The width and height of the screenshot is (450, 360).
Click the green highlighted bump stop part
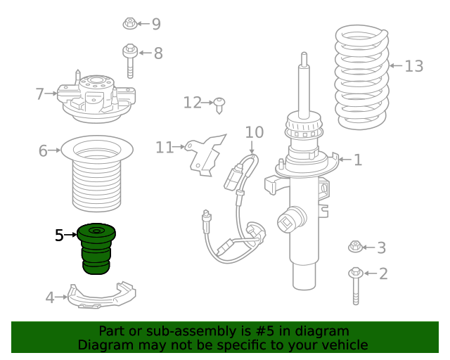pyautogui.click(x=96, y=249)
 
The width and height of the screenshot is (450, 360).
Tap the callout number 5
pyautogui.click(x=59, y=236)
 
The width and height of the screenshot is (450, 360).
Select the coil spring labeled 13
pyautogui.click(x=362, y=77)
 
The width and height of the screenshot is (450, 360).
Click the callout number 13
pyautogui.click(x=414, y=66)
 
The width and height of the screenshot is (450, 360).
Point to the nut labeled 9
pyautogui.click(x=130, y=23)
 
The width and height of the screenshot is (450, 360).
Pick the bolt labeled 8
pyautogui.click(x=130, y=60)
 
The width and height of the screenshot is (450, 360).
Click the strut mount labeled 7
pyautogui.click(x=96, y=98)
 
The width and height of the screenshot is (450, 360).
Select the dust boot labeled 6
pyautogui.click(x=97, y=174)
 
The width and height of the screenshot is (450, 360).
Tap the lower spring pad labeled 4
pyautogui.click(x=101, y=296)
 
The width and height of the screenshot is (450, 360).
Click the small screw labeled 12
pyautogui.click(x=219, y=105)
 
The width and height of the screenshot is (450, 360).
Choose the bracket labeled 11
pyautogui.click(x=205, y=155)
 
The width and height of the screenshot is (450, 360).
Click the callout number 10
pyautogui.click(x=255, y=132)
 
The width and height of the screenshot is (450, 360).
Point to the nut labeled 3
pyautogui.click(x=355, y=247)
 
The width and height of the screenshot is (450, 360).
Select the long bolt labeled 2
pyautogui.click(x=356, y=286)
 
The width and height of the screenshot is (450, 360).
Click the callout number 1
pyautogui.click(x=358, y=160)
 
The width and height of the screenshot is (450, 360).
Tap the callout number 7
pyautogui.click(x=39, y=94)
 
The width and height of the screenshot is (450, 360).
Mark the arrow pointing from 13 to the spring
pyautogui.click(x=396, y=65)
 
